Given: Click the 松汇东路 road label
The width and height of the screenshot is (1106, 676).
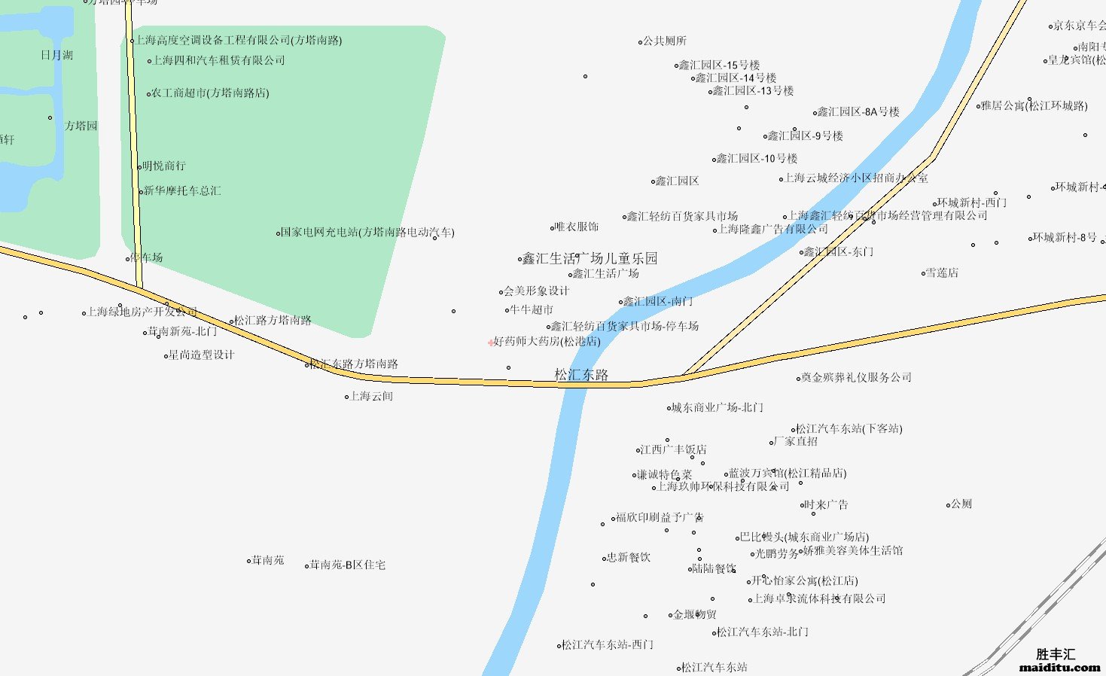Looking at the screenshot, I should [581, 375].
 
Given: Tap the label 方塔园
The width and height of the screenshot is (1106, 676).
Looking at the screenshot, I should [81, 126].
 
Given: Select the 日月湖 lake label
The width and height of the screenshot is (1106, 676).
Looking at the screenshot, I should [57, 55].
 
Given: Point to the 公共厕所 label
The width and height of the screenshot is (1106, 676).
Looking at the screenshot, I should [664, 41].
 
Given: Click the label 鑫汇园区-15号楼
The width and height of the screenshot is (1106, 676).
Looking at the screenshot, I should [720, 65].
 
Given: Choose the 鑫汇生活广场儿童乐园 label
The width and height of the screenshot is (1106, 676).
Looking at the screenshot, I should [590, 258].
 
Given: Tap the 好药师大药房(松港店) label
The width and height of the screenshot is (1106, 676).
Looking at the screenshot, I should [547, 341].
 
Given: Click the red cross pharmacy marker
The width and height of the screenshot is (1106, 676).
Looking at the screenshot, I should [491, 343].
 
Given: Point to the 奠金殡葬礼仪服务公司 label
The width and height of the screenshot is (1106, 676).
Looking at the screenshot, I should [857, 377].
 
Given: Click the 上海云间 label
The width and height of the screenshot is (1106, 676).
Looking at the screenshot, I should [372, 396].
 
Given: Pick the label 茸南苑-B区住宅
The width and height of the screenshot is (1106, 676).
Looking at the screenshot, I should [348, 565].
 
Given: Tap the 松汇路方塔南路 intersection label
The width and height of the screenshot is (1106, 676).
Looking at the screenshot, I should [273, 320].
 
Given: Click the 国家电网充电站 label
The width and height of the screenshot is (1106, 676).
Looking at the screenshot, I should [367, 233].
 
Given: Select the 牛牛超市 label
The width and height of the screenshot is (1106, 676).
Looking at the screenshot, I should [532, 309].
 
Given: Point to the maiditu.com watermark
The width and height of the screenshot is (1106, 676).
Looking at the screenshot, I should [1060, 667].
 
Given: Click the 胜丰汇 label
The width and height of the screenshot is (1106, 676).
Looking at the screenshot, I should [1056, 654].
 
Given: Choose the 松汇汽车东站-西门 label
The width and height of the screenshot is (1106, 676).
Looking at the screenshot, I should [608, 644].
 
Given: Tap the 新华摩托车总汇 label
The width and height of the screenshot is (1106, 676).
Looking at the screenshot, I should [183, 191].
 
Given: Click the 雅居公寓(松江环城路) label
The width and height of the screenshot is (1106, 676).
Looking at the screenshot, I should [1034, 105].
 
